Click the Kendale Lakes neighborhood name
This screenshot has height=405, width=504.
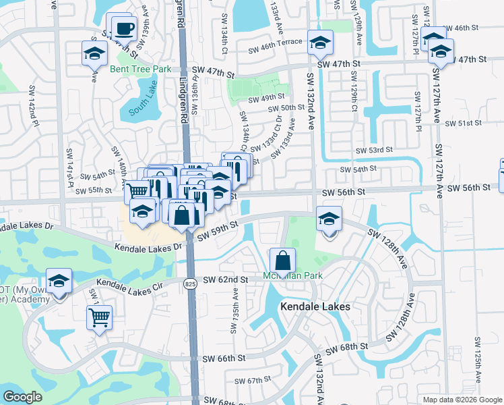point(314,306)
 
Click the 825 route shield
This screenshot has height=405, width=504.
point(190,284)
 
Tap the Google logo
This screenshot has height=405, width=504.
point(22,397)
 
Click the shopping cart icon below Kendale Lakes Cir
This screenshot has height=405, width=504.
point(99,317)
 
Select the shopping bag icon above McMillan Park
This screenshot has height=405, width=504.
point(283,259)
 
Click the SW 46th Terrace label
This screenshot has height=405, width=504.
point(275,49)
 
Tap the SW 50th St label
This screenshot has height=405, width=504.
point(286,108)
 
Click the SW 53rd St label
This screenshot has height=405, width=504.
point(375,150)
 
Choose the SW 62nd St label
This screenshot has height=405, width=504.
point(221,279)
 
